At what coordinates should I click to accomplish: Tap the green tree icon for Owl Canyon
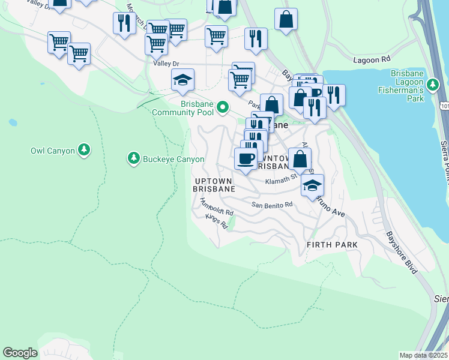[85, 149]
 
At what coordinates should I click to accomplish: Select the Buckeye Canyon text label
[173, 159]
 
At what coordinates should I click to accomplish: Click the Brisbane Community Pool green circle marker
[223, 108]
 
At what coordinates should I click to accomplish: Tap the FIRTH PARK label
[332, 245]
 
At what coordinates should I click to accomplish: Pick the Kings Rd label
[217, 221]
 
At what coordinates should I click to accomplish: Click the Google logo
[20, 353]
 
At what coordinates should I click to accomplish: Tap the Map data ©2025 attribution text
[423, 355]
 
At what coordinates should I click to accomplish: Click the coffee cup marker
[245, 158]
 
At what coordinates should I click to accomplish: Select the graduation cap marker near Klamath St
[312, 185]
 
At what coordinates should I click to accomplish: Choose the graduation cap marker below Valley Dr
[182, 79]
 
